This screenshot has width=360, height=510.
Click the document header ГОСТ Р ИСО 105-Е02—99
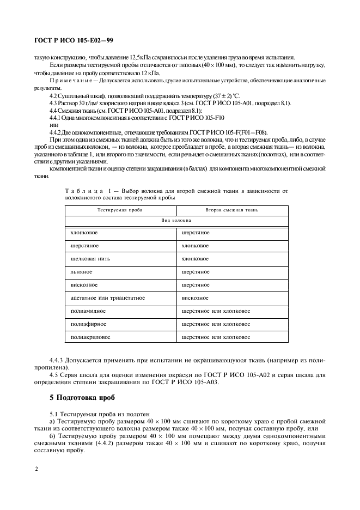coord(73,40)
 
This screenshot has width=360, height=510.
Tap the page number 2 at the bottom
coord(36,468)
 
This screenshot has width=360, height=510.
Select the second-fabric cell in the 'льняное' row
coord(195,271)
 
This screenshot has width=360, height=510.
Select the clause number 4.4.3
coord(57,361)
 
